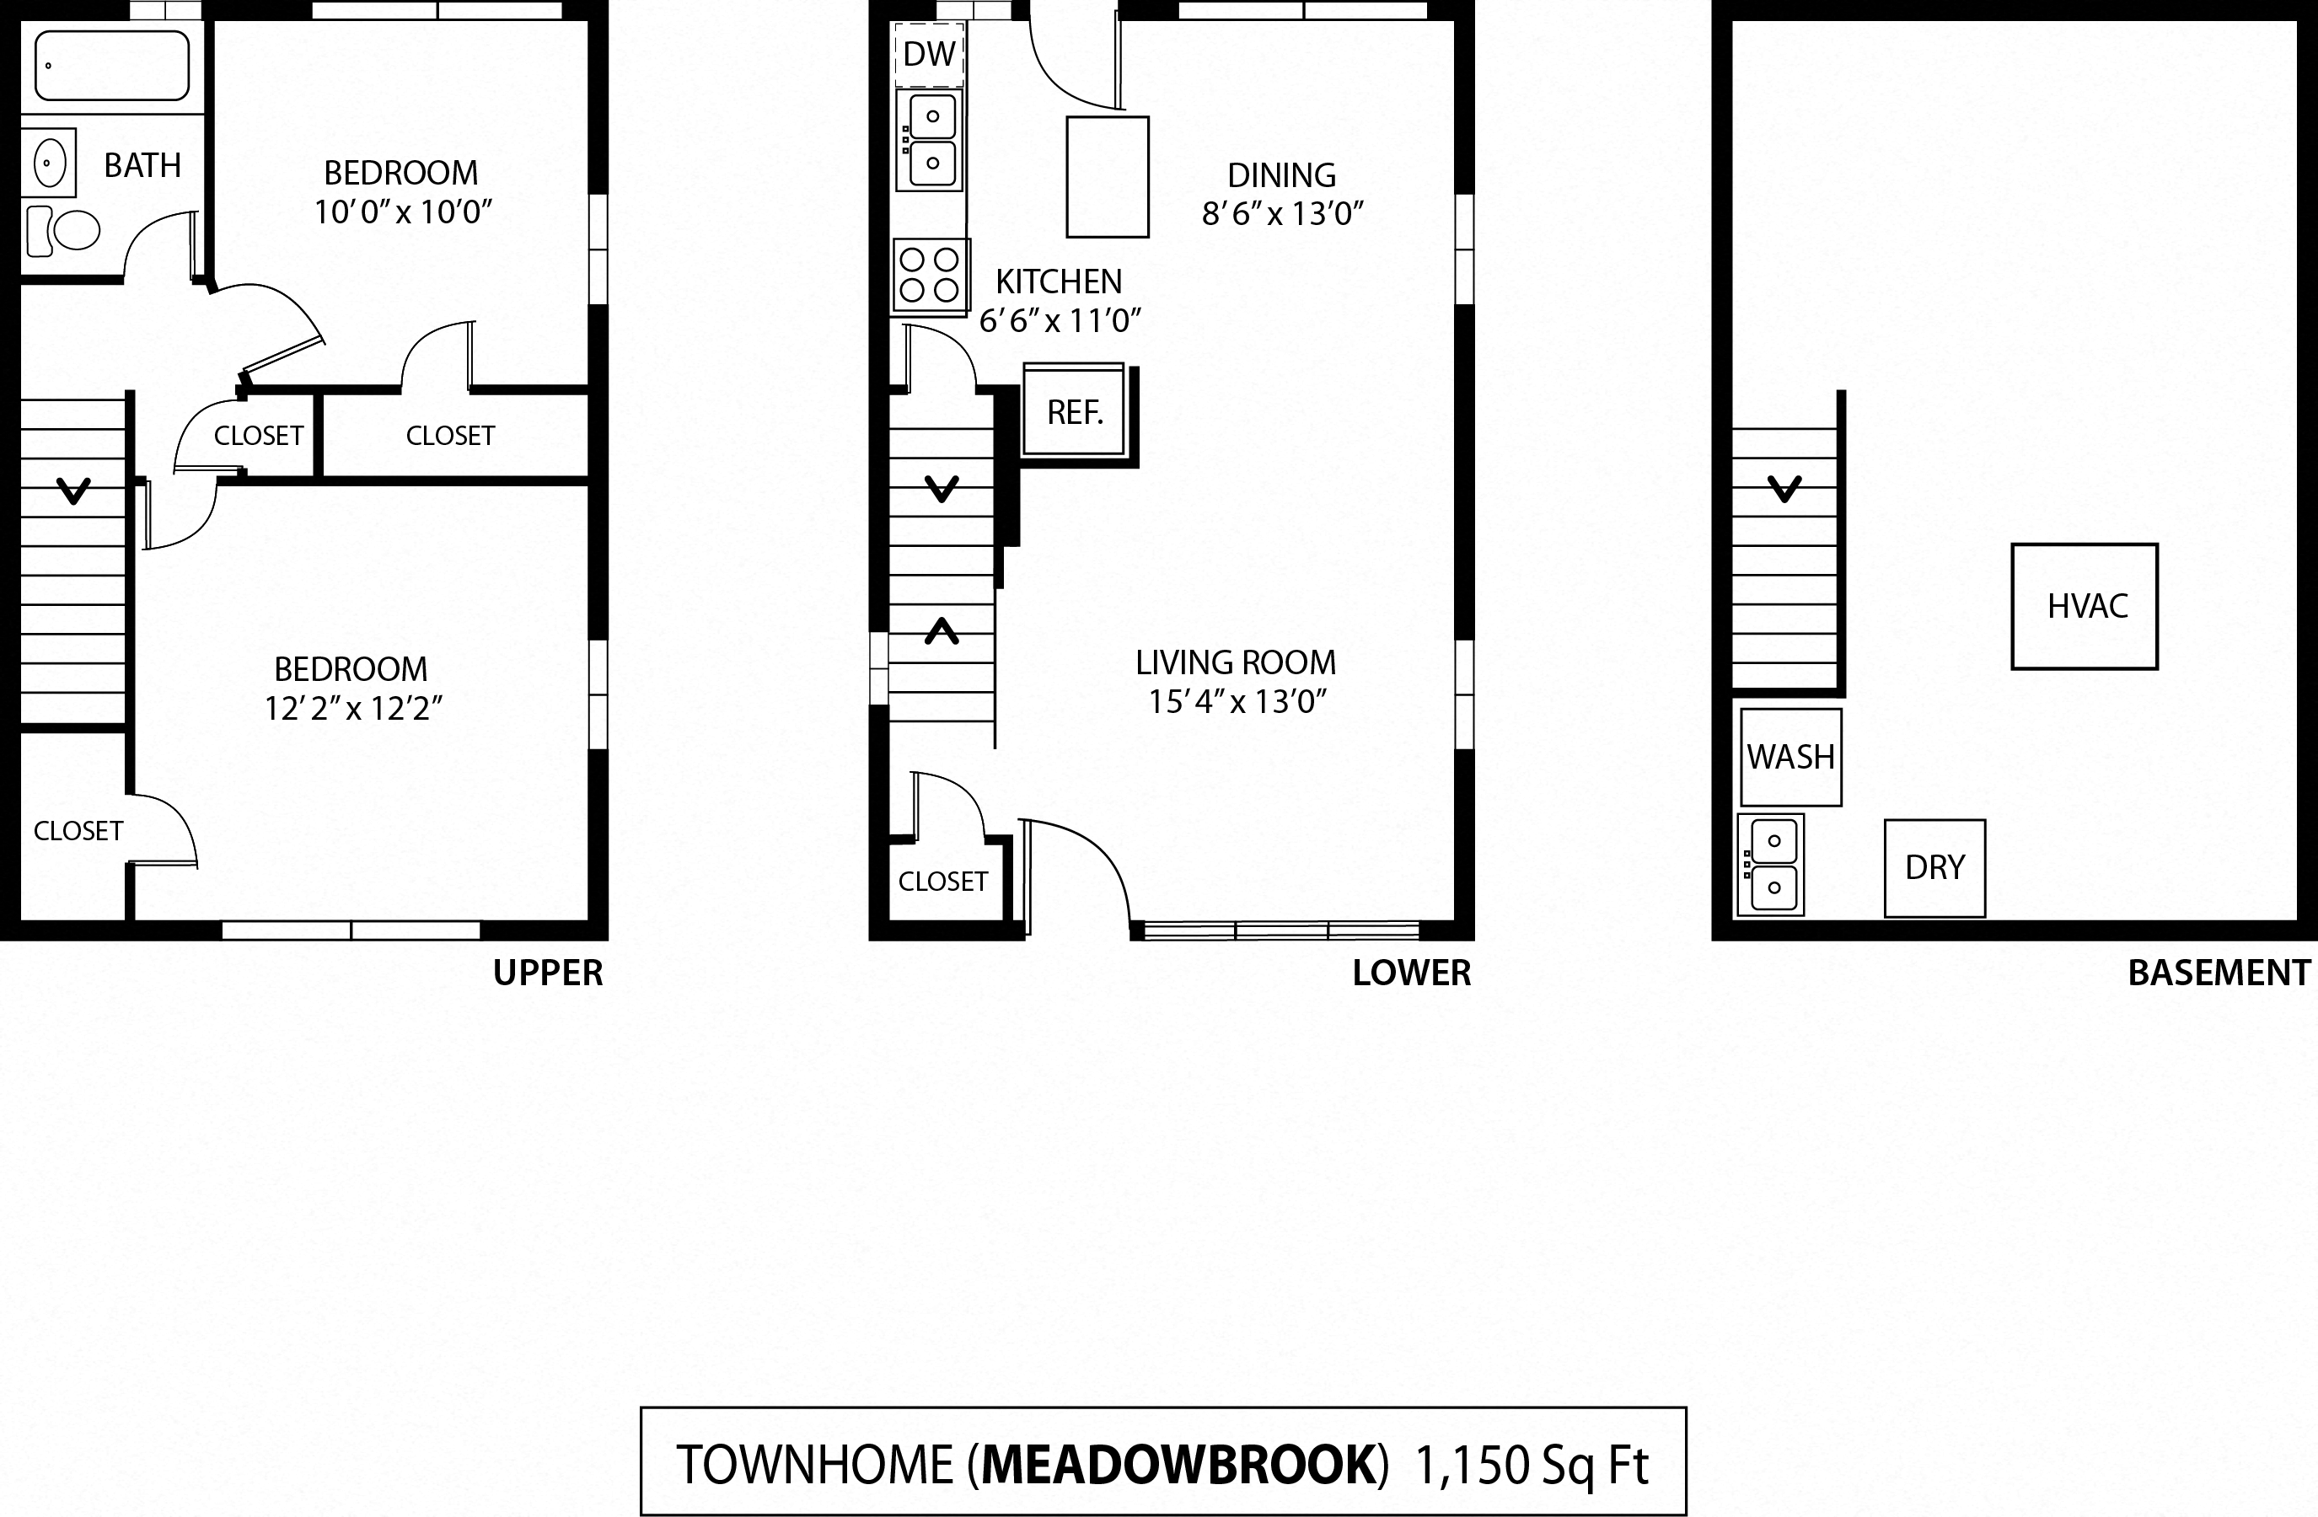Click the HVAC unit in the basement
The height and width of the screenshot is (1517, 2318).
click(x=2085, y=607)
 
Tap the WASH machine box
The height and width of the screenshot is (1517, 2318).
click(x=1790, y=757)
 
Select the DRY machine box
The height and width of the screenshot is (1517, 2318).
click(x=1934, y=867)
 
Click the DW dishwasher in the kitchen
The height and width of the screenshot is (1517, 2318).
click(x=928, y=55)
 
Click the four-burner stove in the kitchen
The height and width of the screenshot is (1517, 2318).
click(x=929, y=276)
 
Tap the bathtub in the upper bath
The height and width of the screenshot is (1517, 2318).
click(x=112, y=65)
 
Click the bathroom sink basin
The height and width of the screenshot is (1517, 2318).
click(x=50, y=163)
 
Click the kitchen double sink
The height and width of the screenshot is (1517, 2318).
click(x=930, y=140)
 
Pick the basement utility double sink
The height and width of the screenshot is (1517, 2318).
click(x=1771, y=865)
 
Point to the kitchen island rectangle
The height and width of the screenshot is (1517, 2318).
click(x=1108, y=176)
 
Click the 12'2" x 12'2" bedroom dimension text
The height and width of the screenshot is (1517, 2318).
click(x=352, y=709)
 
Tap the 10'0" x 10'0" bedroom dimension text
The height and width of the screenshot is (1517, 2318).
click(x=402, y=212)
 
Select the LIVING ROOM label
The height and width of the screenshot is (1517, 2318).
click(x=1235, y=663)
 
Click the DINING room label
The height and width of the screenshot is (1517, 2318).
click(x=1280, y=175)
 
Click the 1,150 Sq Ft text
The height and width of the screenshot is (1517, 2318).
click(x=1531, y=1465)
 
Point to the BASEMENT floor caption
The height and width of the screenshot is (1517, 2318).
click(x=2218, y=973)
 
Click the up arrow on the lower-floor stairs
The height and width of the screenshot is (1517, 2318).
click(x=941, y=632)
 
